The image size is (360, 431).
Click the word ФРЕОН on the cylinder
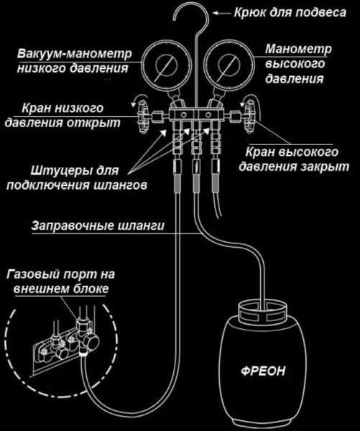point(263,371)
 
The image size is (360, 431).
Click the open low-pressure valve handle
point(143,117)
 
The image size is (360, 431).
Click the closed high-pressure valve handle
point(249,117)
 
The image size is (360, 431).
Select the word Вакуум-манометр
point(74,54)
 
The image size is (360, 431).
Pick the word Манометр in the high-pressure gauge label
point(298,49)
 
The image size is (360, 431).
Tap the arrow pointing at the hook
point(222,13)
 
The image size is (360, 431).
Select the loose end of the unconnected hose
point(219,216)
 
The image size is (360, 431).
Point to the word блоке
point(91,289)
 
